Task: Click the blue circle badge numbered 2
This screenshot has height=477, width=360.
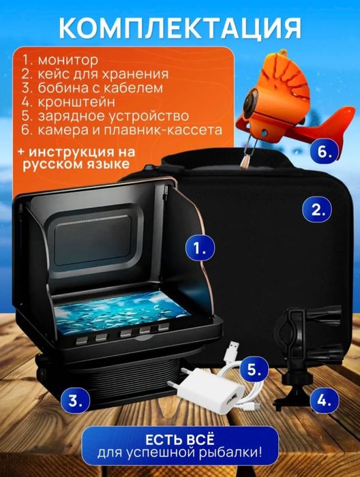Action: pos(318,209)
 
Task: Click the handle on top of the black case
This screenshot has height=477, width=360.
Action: pos(225,161)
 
